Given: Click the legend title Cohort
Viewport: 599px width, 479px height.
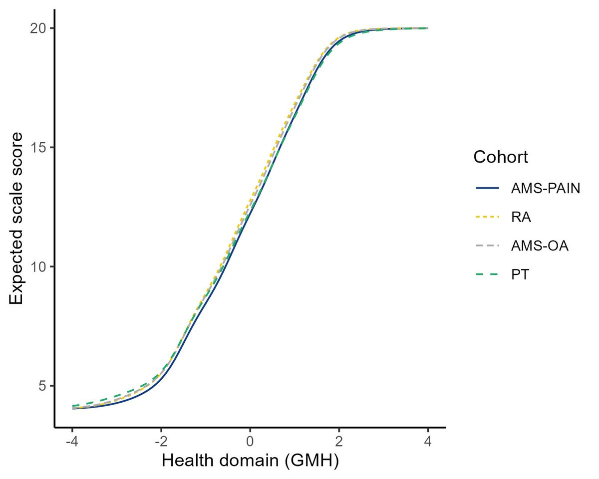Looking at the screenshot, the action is coord(501,157).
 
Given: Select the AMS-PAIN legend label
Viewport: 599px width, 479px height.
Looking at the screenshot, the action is coord(546,189).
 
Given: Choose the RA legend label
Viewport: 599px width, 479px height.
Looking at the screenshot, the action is coord(521,217).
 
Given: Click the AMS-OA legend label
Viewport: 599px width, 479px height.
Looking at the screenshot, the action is coord(540,246).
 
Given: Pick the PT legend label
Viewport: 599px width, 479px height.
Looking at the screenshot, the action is coord(520,274).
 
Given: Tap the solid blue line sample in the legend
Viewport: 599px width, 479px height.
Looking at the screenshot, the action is coord(488,189).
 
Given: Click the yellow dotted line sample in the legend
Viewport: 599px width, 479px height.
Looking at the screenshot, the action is coord(488,217).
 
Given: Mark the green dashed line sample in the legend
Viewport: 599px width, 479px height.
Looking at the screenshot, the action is coord(488,274).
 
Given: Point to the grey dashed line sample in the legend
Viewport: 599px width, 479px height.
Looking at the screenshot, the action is coord(488,246).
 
